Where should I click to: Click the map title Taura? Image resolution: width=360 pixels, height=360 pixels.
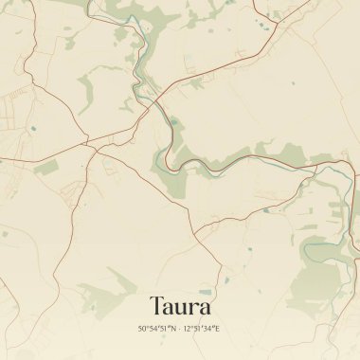pyautogui.click(x=180, y=307)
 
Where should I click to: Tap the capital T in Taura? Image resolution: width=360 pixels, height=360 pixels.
pyautogui.click(x=156, y=307)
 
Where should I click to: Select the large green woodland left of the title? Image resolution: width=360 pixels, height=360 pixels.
pyautogui.click(x=118, y=281)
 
